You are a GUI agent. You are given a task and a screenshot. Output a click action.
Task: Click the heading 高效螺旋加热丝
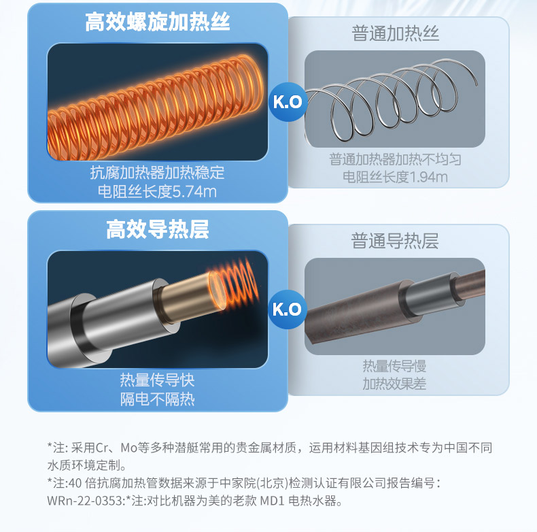coord(158,22)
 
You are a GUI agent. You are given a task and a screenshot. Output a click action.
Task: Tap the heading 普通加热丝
coord(395,33)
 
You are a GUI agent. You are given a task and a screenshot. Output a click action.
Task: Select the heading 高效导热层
coord(158,229)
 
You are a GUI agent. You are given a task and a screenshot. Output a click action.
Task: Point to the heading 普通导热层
coord(394,241)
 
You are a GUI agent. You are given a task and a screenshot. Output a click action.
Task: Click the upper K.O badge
coord(288,102)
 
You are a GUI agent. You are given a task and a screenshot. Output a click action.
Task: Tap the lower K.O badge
coord(287,309)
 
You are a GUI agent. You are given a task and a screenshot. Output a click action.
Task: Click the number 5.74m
coord(194,192)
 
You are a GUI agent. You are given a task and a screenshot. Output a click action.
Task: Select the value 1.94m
coord(428,177)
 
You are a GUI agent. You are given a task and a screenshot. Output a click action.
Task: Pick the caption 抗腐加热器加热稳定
coord(157,172)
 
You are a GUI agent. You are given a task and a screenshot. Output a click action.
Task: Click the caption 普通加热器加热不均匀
coord(395,159)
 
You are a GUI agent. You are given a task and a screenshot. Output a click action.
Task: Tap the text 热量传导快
coord(157,380)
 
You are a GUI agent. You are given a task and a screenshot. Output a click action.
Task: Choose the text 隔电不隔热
coord(157,399)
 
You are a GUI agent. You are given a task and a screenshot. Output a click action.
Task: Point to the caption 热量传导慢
coord(394,366)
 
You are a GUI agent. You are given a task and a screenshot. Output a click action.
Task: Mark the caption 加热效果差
coord(394,384)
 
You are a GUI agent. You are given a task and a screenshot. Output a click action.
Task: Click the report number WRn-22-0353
coord(85,501)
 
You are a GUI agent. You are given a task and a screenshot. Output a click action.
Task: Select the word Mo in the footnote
coord(128,448)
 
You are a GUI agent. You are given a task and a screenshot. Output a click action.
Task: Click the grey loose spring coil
coord(390,99)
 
